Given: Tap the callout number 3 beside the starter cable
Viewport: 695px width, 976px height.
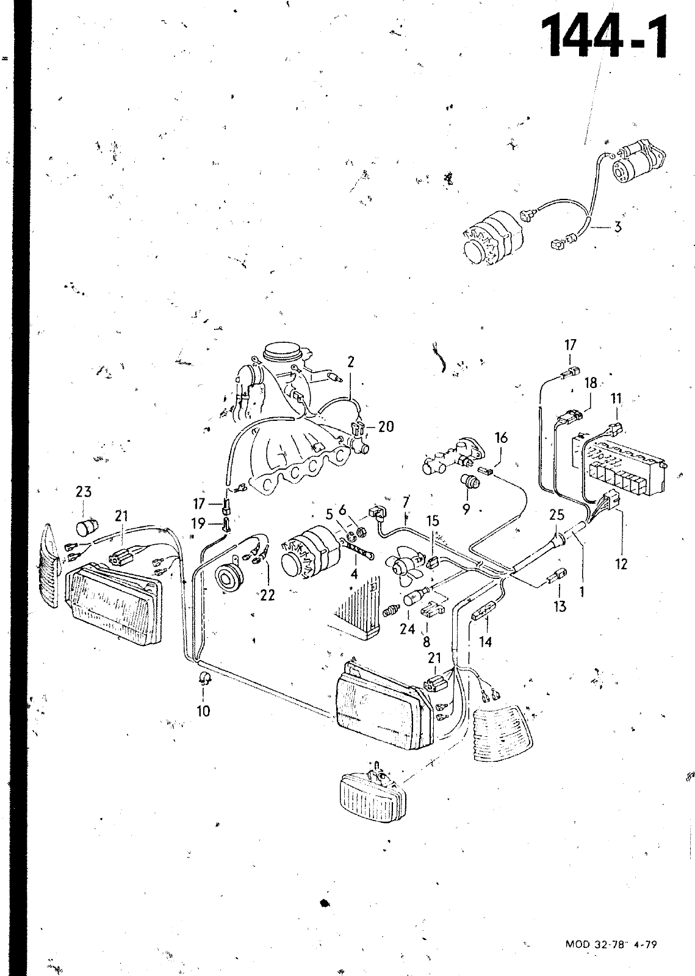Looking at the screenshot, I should point(618,228).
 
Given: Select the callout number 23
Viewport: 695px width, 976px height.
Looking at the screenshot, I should point(84,492).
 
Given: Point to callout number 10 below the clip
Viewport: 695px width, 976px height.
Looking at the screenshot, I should point(203,710).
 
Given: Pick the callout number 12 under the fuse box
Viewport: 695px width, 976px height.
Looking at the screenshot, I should point(621,564).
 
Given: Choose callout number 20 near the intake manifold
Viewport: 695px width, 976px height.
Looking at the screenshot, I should point(386,426).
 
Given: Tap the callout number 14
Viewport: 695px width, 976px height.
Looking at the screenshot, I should point(486,642).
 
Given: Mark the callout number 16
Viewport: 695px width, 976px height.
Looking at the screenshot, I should point(501,438).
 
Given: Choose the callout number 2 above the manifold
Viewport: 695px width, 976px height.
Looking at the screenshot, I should point(351,362).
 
